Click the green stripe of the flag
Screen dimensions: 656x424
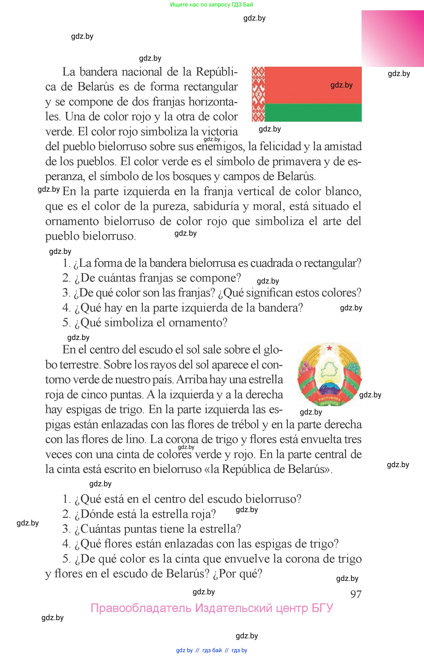313,113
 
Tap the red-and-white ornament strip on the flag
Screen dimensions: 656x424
258,94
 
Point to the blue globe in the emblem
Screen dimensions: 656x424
329,389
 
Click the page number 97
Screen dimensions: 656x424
356,594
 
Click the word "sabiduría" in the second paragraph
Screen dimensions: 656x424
216,206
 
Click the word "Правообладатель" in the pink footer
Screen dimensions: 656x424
141,608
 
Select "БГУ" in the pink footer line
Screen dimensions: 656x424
322,608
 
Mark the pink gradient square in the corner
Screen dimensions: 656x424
393,38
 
